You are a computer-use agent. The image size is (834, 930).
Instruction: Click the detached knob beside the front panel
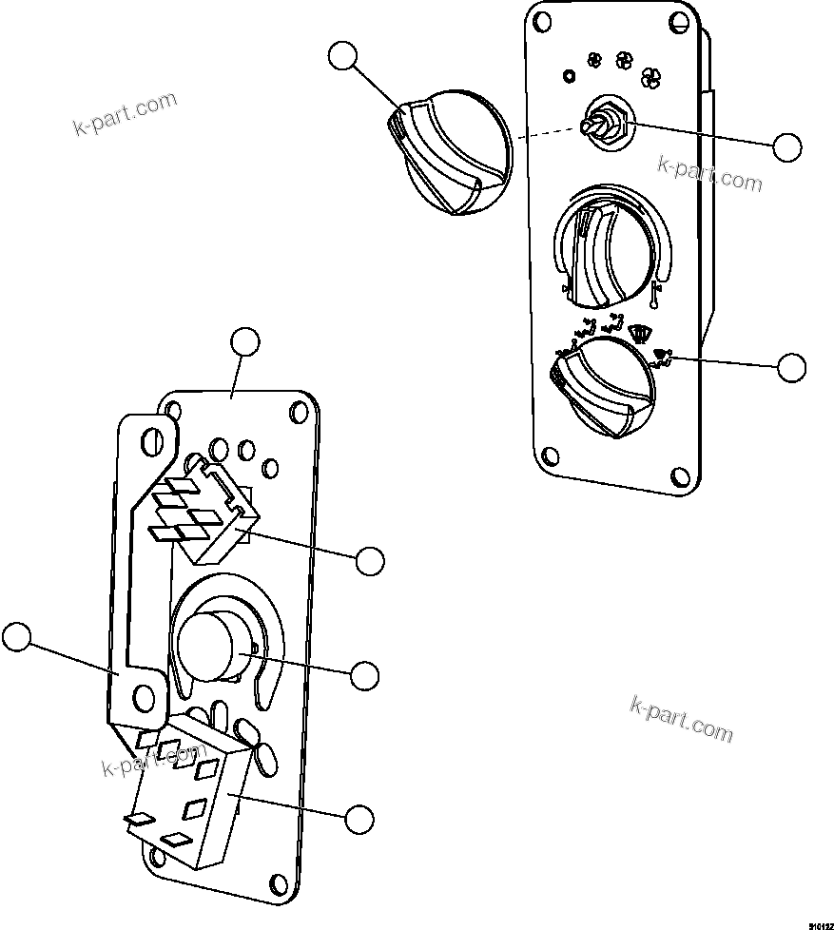450,156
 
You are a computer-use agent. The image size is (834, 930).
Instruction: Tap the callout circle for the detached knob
342,56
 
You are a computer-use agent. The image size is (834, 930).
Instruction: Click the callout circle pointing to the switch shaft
786,147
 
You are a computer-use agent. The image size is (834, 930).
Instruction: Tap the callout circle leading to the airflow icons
790,367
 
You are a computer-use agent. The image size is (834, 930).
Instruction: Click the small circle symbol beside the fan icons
570,75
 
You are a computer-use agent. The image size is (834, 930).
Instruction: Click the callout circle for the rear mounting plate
245,341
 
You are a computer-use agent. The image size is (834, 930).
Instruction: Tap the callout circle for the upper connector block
370,561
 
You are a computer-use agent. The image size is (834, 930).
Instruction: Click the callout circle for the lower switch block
359,818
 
